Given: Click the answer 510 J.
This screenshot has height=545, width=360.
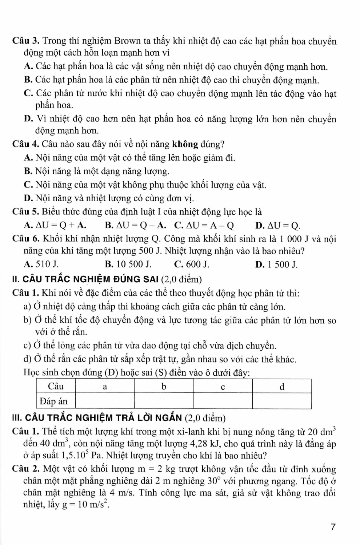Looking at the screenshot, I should click(45, 265).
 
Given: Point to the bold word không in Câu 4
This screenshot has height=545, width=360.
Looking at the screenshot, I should click(185, 144).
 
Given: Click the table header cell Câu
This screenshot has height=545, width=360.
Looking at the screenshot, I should click(56, 386).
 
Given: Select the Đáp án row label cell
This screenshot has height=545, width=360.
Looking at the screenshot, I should click(56, 401).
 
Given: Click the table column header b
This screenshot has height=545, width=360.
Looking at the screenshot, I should click(164, 386).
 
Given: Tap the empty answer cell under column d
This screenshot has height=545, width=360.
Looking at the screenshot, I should click(282, 401).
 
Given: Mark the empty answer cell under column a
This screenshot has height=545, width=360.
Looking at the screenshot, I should click(105, 401).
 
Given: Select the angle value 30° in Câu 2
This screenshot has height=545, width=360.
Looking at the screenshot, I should click(213, 481).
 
